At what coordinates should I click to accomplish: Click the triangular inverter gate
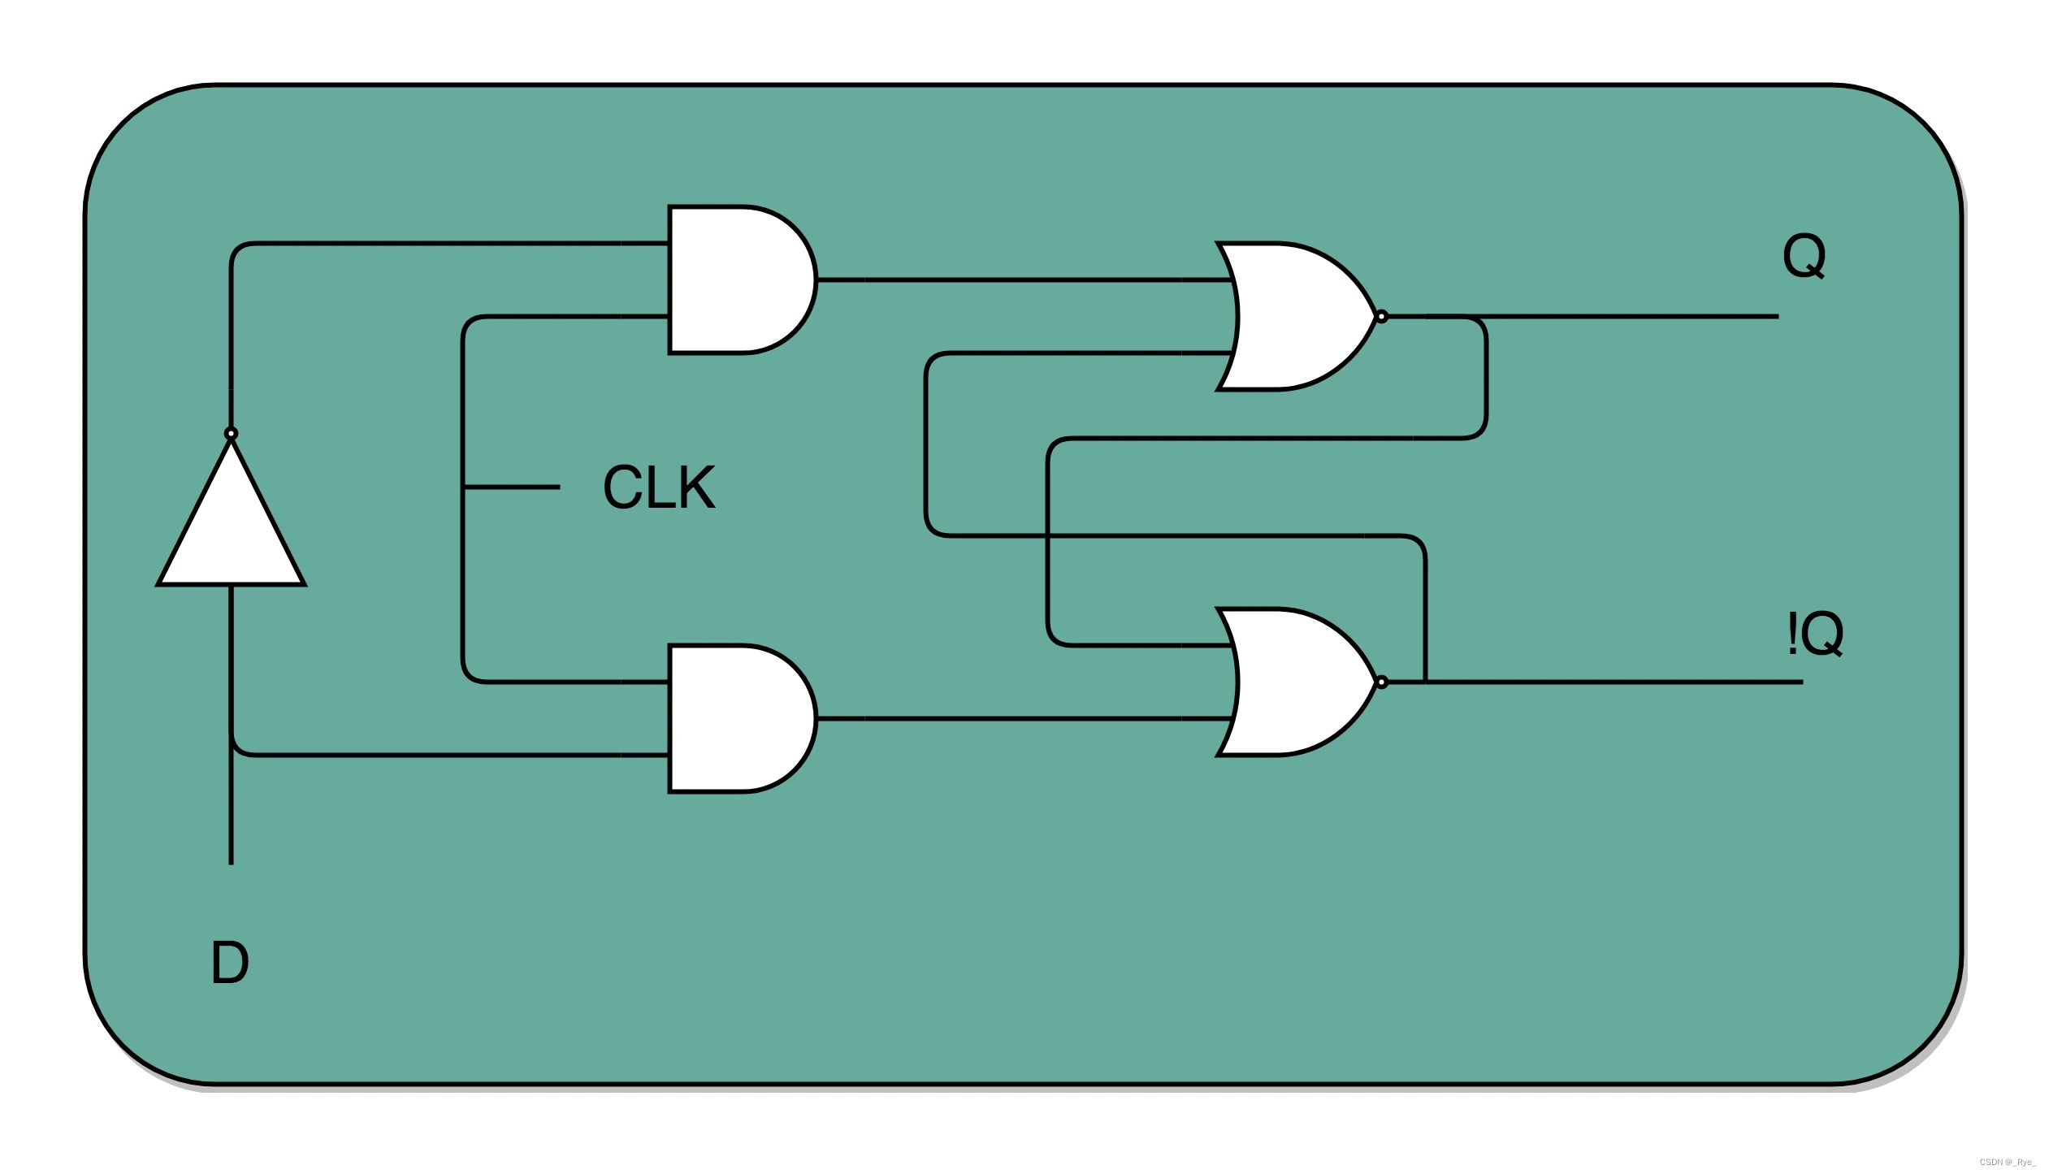pos(232,528)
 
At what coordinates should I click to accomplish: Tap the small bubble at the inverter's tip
pos(232,433)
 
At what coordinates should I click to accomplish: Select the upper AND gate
pos(735,279)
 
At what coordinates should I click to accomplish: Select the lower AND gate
pos(735,718)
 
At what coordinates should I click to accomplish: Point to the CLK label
pos(659,487)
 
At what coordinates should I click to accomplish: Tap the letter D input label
pos(230,963)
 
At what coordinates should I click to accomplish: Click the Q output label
pos(1804,256)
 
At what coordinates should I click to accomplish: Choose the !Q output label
pos(1814,634)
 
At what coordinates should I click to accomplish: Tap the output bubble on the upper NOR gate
pos(1381,316)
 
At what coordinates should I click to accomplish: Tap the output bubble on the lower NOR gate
pos(1381,682)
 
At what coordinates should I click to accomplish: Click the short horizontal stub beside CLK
pos(512,487)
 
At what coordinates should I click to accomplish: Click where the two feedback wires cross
pos(1048,535)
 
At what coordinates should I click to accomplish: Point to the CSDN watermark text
pos(2007,1162)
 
